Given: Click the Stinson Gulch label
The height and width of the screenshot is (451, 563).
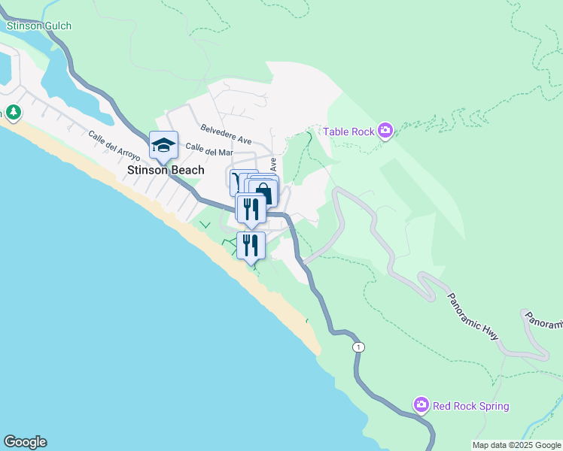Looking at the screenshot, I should point(39,26).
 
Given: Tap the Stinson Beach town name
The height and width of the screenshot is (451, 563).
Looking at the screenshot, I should point(166,170).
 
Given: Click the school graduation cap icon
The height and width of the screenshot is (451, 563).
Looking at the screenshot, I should point(163,144).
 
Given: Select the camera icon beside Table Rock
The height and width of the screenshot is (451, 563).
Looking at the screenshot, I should point(385,132).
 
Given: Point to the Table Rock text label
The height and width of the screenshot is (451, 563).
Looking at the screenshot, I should point(348,132).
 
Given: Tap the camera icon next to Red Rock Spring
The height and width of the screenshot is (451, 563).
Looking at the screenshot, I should point(421,406).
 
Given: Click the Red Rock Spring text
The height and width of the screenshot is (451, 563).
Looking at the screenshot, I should point(471,406).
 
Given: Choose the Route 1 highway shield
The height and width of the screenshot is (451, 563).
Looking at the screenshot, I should point(359,347).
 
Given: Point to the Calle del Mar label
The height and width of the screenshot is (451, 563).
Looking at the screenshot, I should point(205,150).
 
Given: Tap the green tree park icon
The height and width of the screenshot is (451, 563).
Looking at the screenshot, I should point(14,113).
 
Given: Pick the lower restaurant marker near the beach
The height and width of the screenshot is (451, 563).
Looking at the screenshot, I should point(251,244).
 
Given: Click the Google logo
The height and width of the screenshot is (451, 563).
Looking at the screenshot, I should point(25,442).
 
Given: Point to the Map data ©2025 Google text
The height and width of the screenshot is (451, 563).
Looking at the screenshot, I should point(517,445).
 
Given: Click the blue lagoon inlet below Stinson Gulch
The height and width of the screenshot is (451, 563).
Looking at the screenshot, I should point(60,83).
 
